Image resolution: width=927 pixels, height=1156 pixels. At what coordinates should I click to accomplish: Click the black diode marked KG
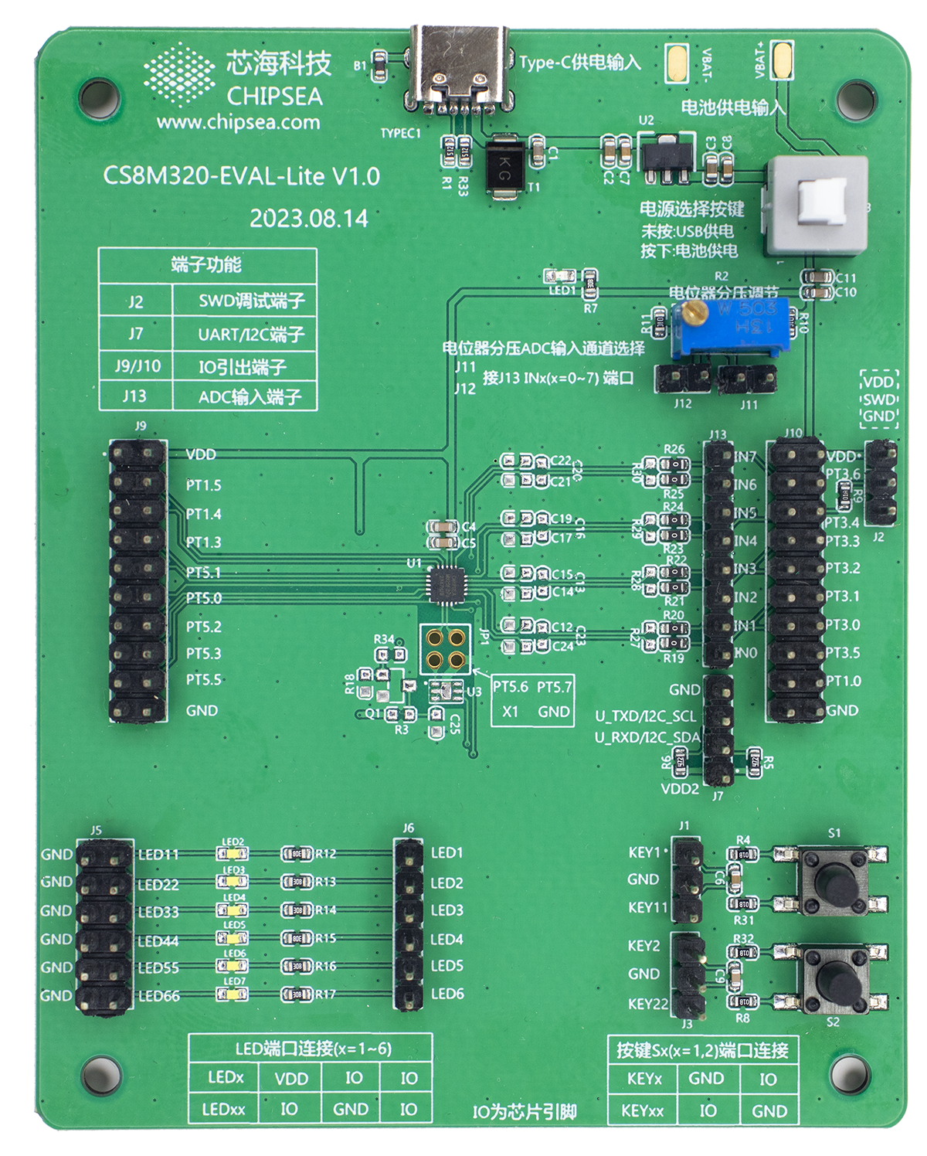click(504, 167)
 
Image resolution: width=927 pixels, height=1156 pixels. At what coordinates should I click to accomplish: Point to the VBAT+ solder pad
click(783, 59)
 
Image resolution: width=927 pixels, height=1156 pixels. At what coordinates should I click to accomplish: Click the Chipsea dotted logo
click(179, 74)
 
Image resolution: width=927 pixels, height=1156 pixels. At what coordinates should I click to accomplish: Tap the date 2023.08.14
click(308, 219)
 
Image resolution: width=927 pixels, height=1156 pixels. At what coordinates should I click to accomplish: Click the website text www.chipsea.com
click(238, 122)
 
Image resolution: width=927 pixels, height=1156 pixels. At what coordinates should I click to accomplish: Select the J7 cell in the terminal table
click(135, 334)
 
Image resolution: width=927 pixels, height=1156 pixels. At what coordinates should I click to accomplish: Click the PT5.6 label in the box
click(511, 687)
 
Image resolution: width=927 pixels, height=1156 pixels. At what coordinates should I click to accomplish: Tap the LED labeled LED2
click(233, 853)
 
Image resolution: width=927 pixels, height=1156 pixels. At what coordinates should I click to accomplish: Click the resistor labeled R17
click(296, 994)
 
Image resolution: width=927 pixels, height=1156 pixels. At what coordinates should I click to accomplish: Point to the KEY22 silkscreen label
click(647, 1004)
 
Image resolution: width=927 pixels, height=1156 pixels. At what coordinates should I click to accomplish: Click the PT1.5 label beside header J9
click(203, 485)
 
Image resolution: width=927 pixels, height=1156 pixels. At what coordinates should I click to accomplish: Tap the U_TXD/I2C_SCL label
click(645, 716)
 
